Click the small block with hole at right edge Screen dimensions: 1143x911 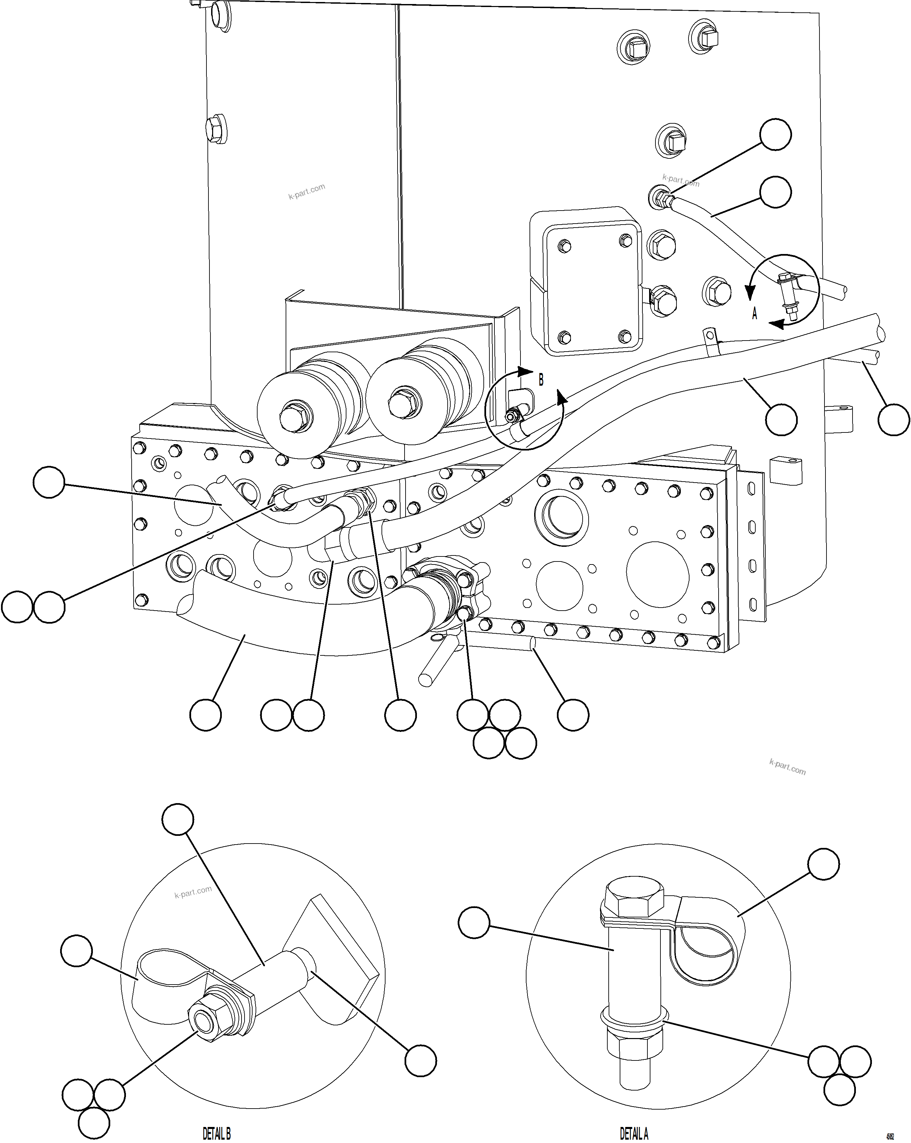coord(786,471)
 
